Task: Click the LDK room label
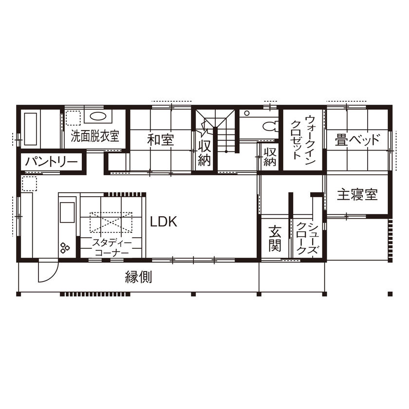(163, 222)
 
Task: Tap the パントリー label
(52, 162)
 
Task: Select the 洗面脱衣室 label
(95, 135)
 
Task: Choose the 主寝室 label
(357, 195)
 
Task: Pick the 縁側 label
(139, 278)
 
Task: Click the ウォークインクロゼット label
(303, 137)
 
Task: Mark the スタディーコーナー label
(112, 247)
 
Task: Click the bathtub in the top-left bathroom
(30, 129)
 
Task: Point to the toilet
(269, 126)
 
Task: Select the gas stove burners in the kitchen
(65, 247)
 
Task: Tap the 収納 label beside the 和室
(204, 152)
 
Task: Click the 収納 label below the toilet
(270, 156)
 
